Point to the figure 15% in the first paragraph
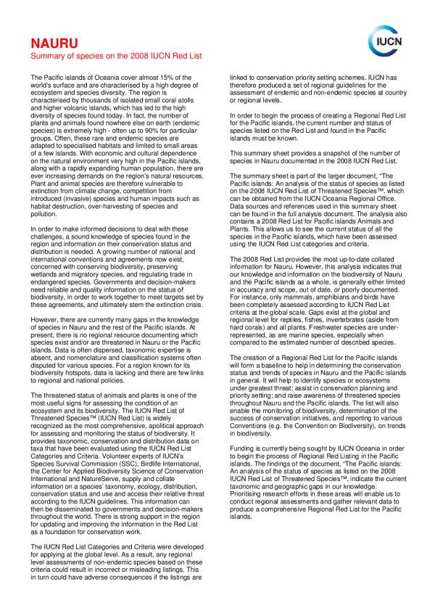[183, 77]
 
